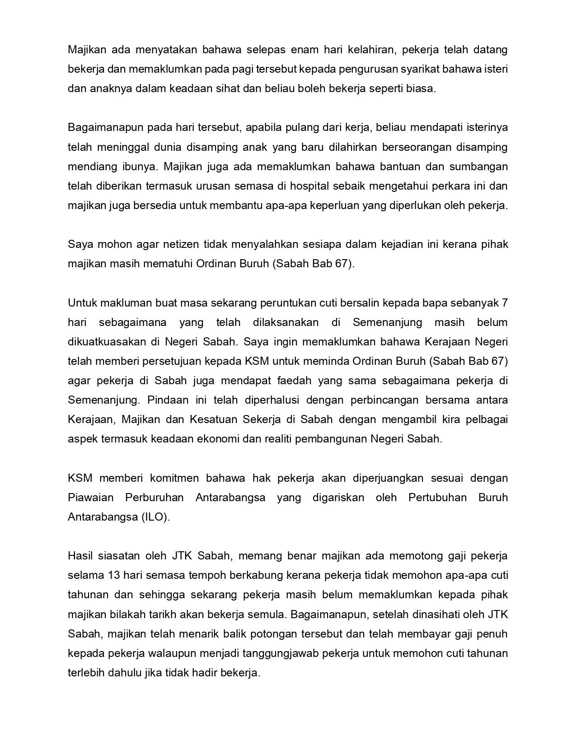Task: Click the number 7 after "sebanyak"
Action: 505,303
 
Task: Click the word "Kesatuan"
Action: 213,419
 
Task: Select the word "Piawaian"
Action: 90,497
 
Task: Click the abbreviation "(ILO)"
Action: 155,517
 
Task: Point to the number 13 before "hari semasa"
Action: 114,575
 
